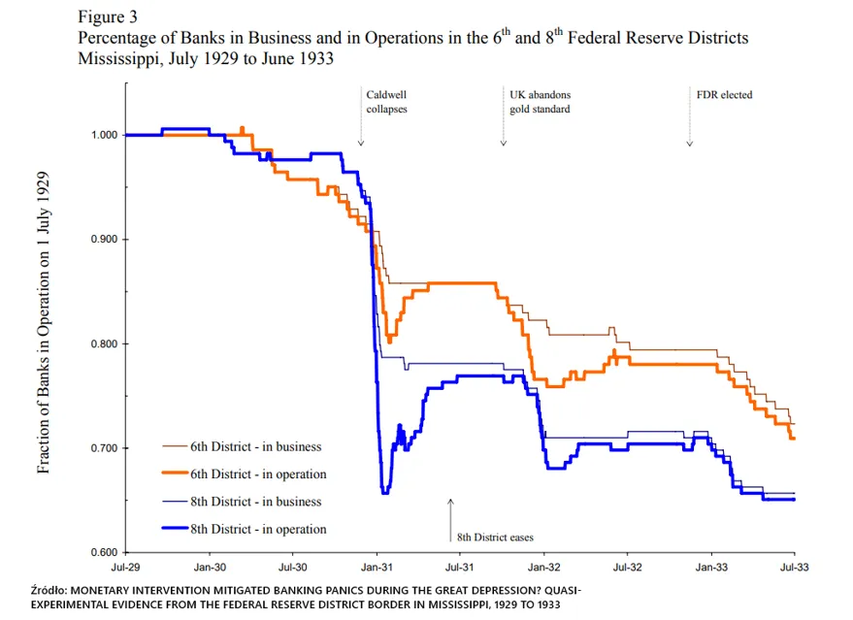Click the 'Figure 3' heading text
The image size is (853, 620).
click(x=108, y=16)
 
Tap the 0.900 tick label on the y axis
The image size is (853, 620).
click(x=104, y=240)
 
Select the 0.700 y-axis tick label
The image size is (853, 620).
click(x=104, y=448)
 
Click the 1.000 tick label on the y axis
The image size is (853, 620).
click(x=104, y=135)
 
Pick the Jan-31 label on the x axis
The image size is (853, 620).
click(x=377, y=568)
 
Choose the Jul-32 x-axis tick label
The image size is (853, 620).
click(x=627, y=568)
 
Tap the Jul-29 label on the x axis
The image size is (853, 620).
click(x=125, y=568)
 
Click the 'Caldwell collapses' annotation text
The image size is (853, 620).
click(x=387, y=102)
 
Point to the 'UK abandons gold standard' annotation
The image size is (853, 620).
click(x=541, y=102)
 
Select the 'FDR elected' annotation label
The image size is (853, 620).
click(x=725, y=95)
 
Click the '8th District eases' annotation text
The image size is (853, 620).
click(x=495, y=538)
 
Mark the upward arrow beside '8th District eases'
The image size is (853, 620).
click(x=450, y=520)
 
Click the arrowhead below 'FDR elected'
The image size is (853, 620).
click(x=689, y=145)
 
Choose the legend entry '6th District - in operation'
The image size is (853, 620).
click(x=245, y=474)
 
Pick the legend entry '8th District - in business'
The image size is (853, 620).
click(x=242, y=502)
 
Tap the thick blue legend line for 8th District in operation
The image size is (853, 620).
click(x=176, y=528)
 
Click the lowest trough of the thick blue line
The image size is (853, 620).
click(x=385, y=492)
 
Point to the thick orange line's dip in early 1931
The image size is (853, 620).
click(x=389, y=341)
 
